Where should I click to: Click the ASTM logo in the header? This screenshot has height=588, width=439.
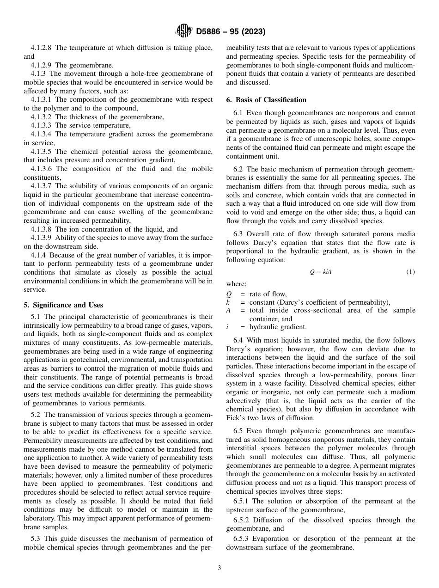[183, 31]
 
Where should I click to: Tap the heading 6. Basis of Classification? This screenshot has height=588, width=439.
[266, 100]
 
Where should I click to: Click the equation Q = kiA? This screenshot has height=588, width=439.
[320, 272]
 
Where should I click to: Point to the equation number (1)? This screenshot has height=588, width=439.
[410, 272]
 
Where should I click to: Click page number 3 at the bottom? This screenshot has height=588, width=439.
[219, 568]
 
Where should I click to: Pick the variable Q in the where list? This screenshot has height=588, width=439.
[229, 294]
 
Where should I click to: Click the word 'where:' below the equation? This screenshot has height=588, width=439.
[236, 284]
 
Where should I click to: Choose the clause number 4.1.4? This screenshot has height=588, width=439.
[38, 255]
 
